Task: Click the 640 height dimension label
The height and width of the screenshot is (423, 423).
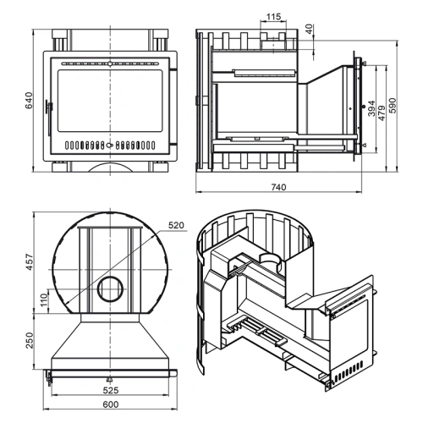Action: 29,101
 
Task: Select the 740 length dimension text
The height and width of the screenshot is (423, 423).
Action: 278,187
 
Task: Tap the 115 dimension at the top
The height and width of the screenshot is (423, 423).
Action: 273,17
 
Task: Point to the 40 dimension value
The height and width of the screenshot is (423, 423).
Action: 310,29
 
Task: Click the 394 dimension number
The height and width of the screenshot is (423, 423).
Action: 371,108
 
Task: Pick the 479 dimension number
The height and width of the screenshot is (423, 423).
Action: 382,113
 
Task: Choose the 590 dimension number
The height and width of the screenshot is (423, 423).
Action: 393,106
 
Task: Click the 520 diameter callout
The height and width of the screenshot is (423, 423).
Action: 176,225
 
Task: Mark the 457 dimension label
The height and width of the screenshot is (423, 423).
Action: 30,262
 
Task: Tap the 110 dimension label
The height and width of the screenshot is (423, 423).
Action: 44,300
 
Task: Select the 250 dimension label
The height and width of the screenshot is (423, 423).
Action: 30,340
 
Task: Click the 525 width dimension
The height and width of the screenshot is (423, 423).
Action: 111,390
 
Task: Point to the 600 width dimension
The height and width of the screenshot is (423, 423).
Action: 111,404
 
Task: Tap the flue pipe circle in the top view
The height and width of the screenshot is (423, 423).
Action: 110,288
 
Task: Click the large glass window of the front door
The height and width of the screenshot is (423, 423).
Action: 110,101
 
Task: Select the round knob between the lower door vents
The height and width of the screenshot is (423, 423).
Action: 110,146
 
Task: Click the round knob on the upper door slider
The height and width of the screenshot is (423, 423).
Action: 110,63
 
